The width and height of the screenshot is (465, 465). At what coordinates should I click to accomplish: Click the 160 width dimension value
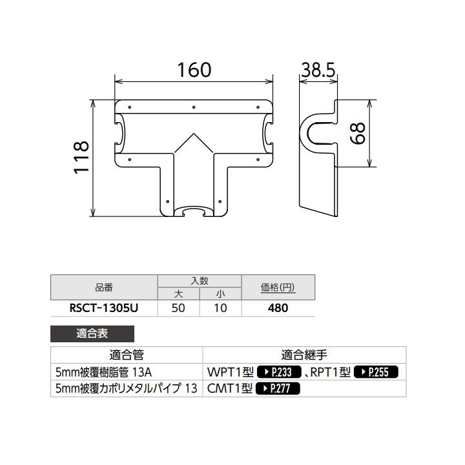[x=194, y=70]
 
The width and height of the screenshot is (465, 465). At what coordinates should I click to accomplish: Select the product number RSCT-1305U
[x=103, y=308]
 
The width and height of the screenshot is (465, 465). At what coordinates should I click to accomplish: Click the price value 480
[x=278, y=308]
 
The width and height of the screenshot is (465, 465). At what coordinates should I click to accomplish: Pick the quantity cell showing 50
[x=178, y=308]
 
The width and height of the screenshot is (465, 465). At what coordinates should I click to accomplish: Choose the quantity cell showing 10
[x=220, y=308]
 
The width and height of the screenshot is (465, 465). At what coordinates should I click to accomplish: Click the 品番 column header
[x=103, y=287]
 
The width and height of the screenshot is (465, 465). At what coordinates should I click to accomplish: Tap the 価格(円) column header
[x=278, y=287]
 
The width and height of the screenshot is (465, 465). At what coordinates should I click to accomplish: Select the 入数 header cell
[x=200, y=280]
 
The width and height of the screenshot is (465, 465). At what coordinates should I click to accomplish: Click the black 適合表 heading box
[x=92, y=334]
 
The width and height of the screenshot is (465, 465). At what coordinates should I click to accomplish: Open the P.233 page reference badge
[x=280, y=372]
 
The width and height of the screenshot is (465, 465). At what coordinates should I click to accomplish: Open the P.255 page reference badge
[x=376, y=372]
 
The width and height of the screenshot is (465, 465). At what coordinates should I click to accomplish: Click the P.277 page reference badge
[x=278, y=389]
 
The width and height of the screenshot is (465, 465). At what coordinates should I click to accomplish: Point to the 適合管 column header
[x=127, y=355]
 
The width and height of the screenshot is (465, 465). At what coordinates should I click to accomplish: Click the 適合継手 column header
[x=304, y=355]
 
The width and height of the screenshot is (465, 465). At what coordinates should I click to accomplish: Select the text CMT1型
[x=230, y=389]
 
